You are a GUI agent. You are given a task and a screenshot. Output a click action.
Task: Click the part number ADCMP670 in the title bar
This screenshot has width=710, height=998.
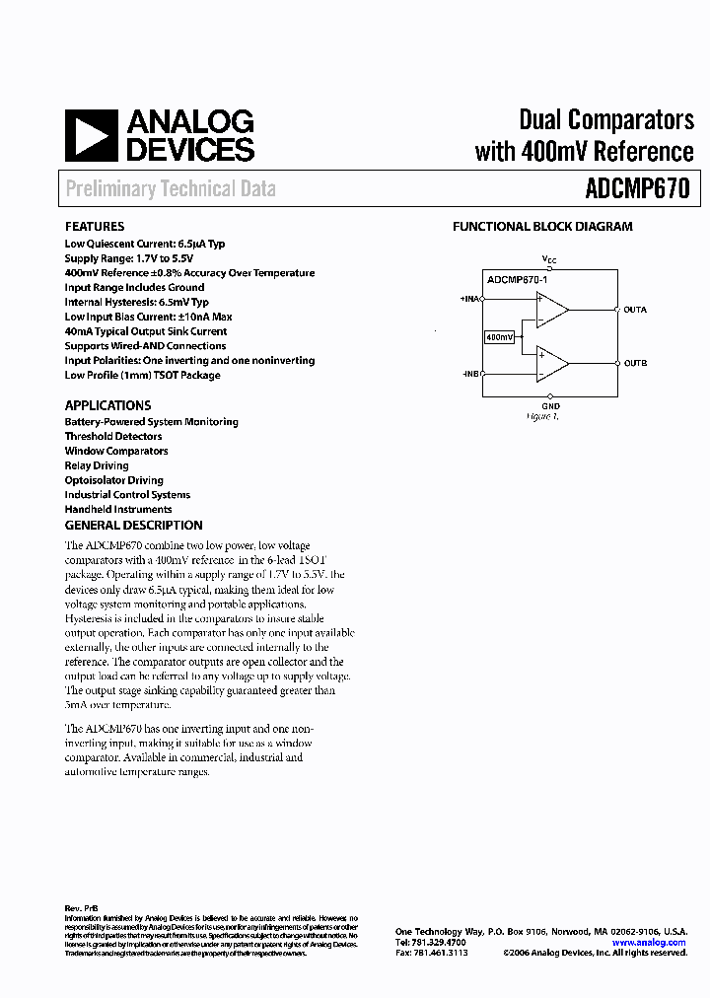(x=638, y=188)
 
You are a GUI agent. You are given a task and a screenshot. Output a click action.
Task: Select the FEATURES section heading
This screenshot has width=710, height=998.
(x=95, y=227)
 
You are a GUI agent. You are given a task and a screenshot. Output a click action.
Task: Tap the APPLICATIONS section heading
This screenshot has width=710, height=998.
(x=107, y=405)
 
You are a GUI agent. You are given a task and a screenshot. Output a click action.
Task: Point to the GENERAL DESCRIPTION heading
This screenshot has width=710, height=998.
(x=133, y=526)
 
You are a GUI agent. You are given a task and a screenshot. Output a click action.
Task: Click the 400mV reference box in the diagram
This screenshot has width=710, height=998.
(x=499, y=337)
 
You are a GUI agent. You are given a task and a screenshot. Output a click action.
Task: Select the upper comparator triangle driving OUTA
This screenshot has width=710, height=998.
(x=550, y=310)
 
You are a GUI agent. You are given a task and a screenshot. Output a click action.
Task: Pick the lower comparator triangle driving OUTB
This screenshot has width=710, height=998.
(x=550, y=364)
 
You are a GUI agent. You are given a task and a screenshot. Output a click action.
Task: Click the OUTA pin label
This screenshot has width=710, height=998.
(x=635, y=310)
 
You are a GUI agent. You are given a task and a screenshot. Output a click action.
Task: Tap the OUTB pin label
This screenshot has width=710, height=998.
(x=635, y=364)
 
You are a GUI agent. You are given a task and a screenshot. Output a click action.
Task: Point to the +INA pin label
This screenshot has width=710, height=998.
(x=469, y=298)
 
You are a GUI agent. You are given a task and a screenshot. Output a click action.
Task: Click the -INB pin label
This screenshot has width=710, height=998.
(x=470, y=375)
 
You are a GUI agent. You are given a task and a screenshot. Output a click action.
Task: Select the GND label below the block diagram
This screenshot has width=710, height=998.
(x=550, y=406)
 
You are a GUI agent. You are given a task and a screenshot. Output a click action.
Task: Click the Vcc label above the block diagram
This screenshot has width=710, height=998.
(x=550, y=259)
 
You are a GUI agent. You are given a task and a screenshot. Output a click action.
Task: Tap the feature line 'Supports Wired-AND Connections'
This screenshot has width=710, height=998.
(x=145, y=346)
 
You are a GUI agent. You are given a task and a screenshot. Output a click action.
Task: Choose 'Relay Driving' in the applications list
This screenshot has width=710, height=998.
(x=97, y=465)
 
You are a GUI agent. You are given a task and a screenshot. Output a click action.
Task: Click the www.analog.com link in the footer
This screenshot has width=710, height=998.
(x=648, y=943)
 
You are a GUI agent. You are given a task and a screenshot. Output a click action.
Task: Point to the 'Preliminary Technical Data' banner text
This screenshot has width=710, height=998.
(x=171, y=189)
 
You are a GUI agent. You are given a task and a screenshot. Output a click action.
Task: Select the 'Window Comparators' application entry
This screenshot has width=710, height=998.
(x=116, y=451)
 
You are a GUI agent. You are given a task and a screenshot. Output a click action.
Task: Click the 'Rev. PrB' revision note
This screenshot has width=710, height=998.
(x=81, y=908)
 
